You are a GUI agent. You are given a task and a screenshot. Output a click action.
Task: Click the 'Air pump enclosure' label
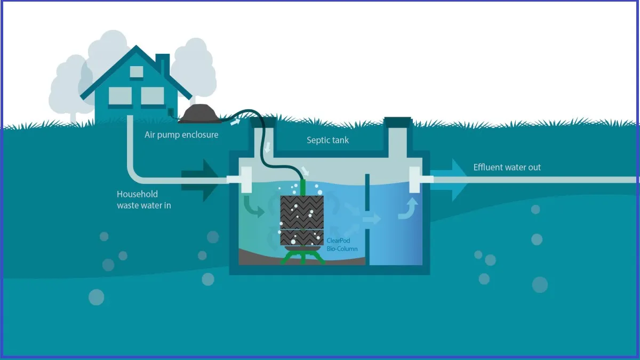(181, 135)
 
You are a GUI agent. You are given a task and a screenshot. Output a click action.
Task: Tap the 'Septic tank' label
(327, 141)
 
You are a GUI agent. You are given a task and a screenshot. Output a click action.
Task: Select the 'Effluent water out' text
(507, 167)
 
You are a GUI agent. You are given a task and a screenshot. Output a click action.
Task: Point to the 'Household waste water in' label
(144, 199)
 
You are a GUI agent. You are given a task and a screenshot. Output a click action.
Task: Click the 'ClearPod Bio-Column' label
(342, 245)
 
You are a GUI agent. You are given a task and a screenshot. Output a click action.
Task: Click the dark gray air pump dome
(199, 113)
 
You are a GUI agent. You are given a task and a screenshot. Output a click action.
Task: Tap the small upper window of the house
(137, 72)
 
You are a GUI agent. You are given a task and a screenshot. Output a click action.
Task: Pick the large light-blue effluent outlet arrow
(451, 180)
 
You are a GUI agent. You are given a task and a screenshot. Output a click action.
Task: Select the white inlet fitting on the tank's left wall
(246, 179)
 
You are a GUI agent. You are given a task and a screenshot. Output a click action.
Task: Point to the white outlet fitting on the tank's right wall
(416, 179)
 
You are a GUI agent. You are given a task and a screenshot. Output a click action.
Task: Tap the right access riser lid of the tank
(398, 122)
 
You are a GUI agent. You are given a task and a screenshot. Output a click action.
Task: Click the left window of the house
(120, 96)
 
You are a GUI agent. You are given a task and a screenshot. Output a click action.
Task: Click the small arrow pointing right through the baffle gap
(372, 218)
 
